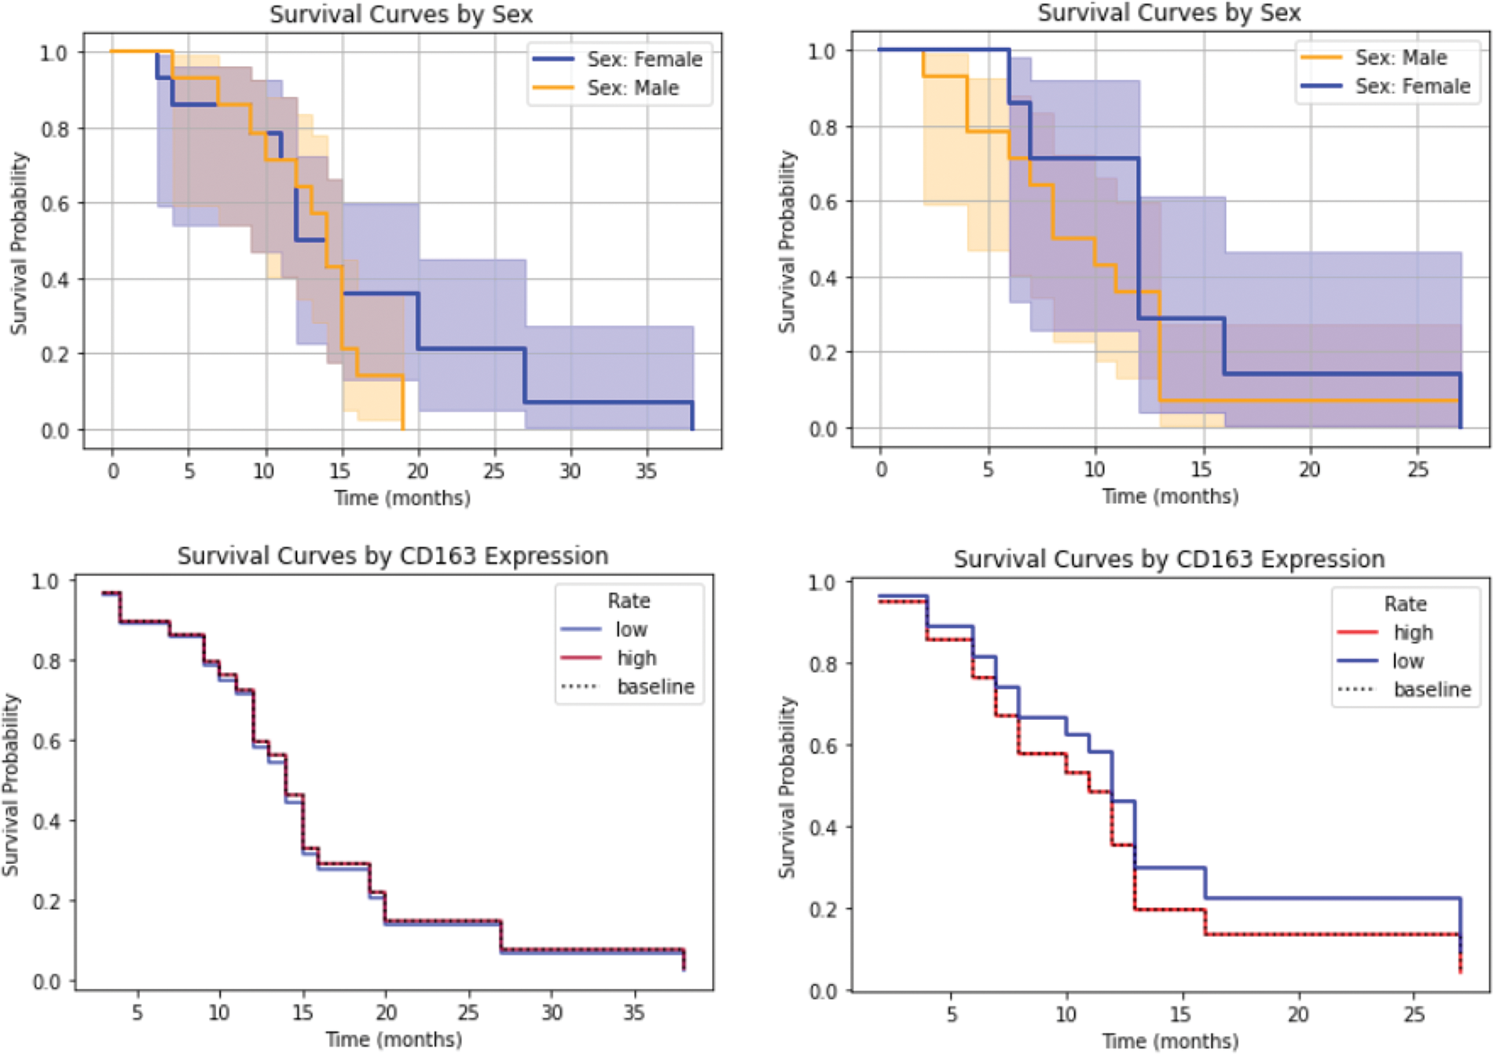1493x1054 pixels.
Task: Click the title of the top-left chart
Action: point(402,14)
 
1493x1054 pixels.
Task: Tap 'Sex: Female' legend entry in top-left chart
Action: point(644,59)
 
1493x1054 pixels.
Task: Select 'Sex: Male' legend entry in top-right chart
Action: point(1400,57)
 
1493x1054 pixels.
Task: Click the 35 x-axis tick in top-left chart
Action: point(646,471)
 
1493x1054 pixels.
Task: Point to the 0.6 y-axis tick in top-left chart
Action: point(54,204)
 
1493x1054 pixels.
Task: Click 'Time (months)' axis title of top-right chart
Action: point(1170,496)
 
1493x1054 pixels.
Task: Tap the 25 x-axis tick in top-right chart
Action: point(1417,469)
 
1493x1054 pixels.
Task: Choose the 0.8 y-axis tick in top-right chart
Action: point(822,127)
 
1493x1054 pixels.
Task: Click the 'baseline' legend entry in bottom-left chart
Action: point(655,687)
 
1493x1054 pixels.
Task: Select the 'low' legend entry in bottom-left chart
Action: point(631,630)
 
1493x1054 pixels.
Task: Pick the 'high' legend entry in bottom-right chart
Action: point(1413,633)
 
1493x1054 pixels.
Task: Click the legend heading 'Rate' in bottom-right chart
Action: point(1405,604)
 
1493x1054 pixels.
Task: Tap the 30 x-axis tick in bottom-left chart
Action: point(552,1012)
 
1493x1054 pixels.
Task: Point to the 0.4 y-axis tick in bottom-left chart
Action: point(46,821)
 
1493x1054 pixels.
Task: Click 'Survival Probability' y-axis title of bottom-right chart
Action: point(787,787)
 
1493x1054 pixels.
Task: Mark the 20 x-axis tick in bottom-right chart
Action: point(1298,1014)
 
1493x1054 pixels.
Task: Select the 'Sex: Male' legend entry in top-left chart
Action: point(633,88)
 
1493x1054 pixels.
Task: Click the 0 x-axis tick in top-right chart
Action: point(881,469)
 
